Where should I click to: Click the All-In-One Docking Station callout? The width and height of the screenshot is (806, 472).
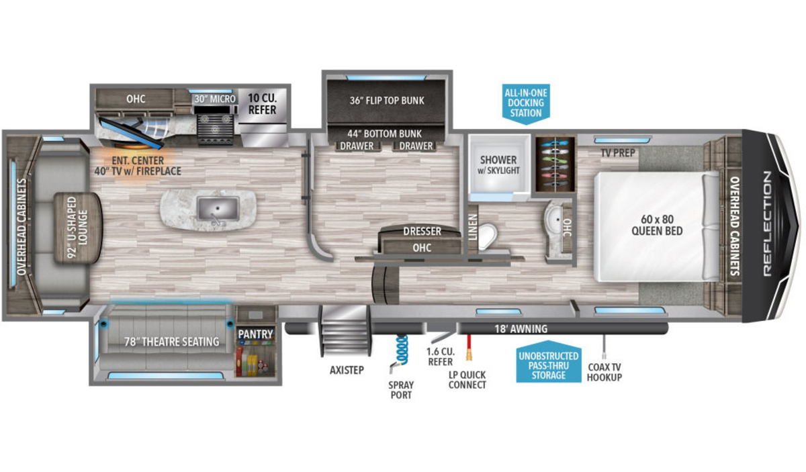(525, 102)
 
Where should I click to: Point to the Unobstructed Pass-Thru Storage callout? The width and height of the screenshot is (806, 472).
(547, 365)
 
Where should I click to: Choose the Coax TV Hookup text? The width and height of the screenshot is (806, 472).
(604, 372)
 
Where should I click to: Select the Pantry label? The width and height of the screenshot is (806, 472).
(256, 334)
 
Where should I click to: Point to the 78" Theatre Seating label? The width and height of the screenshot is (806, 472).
(172, 342)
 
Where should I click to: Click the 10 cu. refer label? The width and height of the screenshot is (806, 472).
(263, 103)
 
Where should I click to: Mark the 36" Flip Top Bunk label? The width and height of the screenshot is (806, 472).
(387, 101)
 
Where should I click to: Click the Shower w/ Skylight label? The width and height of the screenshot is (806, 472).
(498, 165)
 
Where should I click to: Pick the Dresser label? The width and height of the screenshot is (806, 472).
(422, 232)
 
